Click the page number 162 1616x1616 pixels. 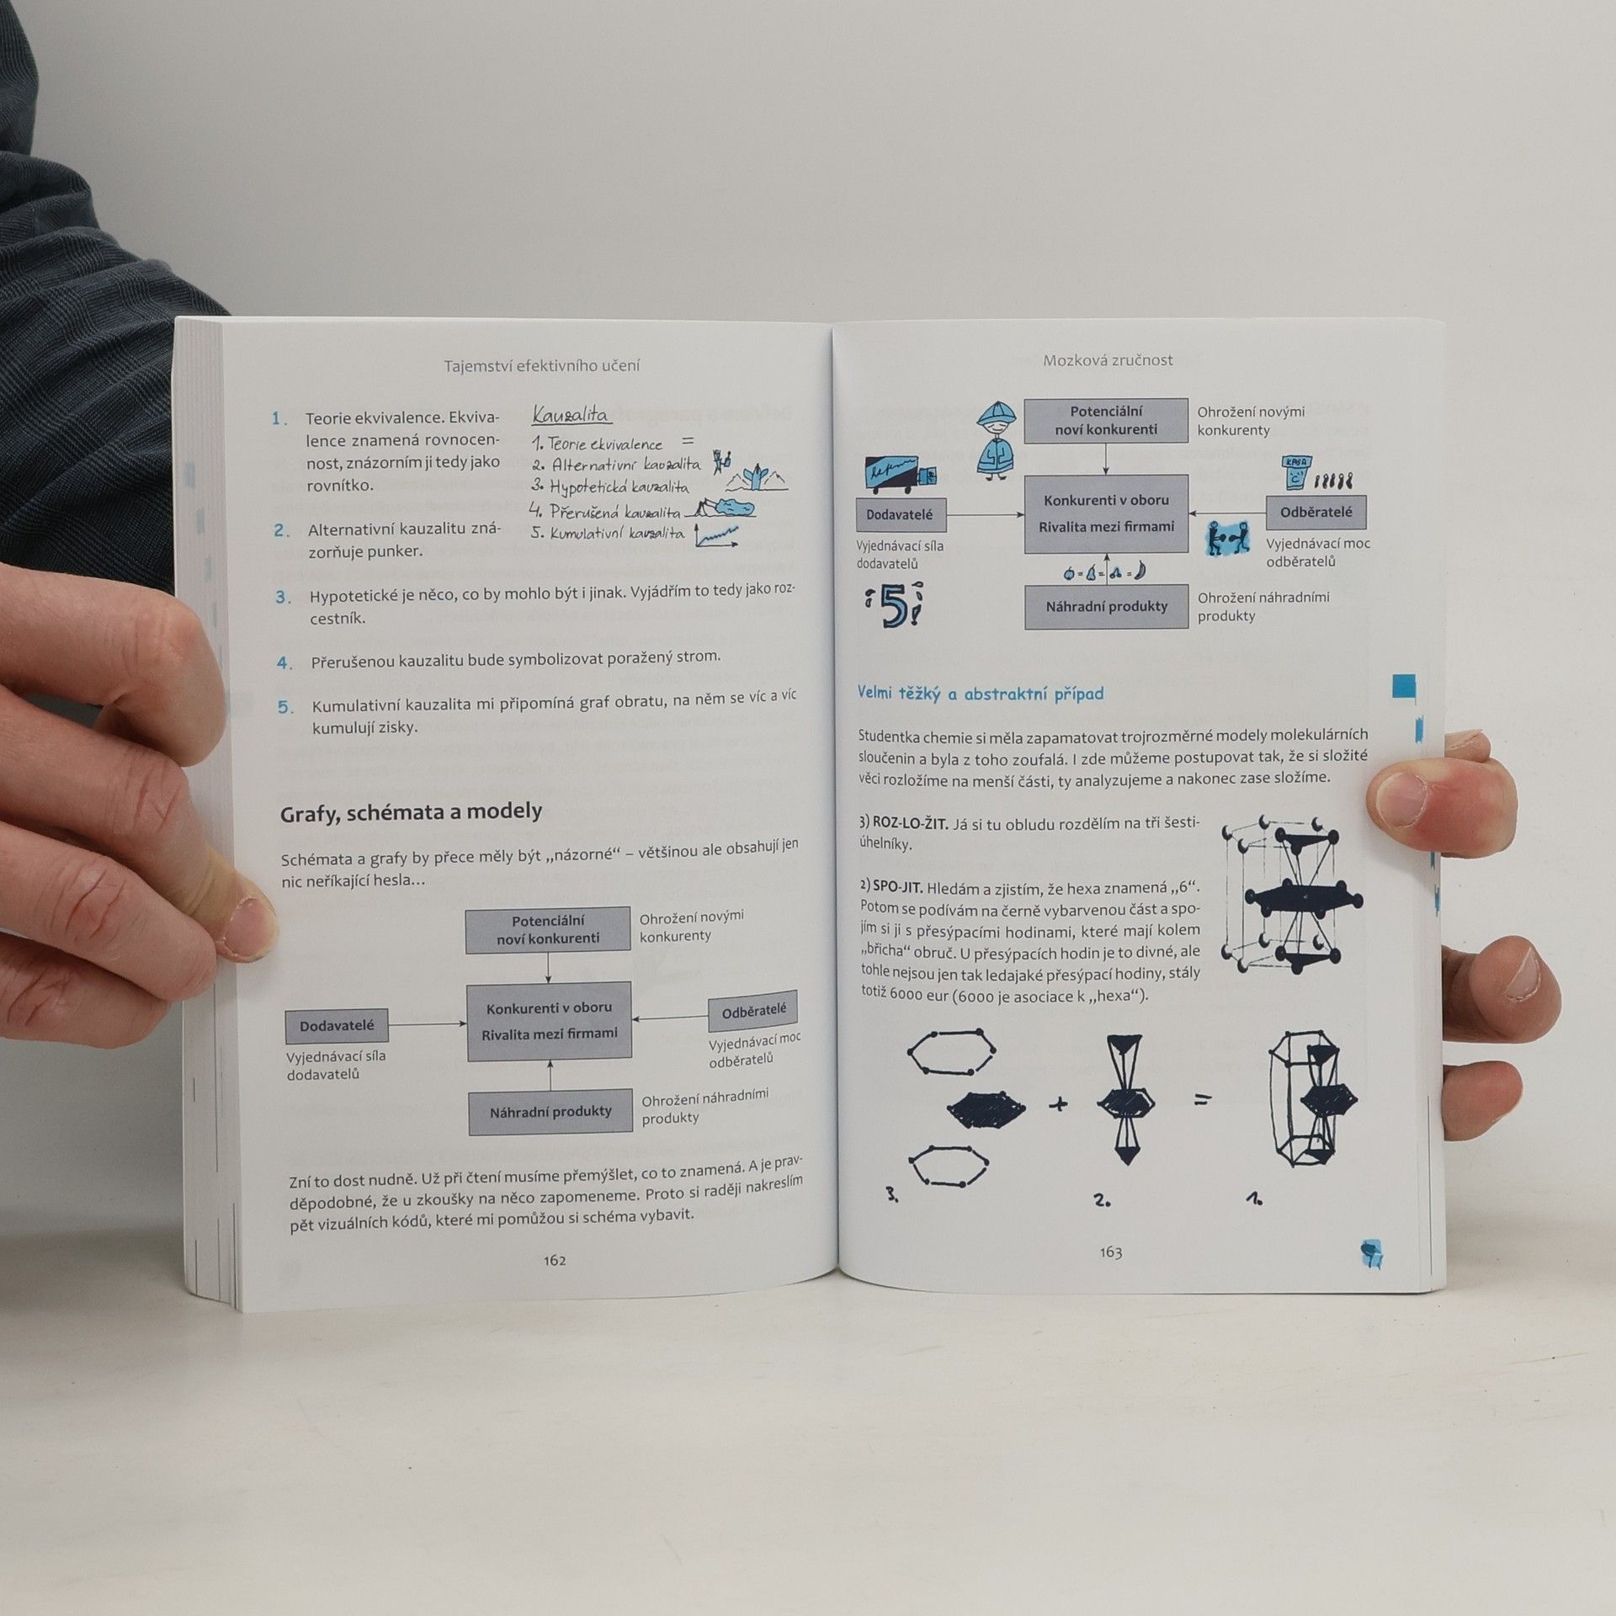tap(555, 1260)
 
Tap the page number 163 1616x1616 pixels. tap(1110, 1252)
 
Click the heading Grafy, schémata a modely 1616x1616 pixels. tap(411, 812)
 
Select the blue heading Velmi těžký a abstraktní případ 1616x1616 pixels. tap(981, 694)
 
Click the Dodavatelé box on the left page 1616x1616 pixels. tap(337, 1027)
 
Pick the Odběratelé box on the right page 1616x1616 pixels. tap(1316, 512)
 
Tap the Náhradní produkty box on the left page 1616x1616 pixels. tap(550, 1112)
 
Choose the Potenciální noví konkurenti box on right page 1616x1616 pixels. tap(1106, 421)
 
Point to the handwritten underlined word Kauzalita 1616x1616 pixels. tap(571, 414)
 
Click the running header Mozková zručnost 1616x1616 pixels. tap(1108, 360)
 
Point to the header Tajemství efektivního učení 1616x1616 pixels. tap(542, 365)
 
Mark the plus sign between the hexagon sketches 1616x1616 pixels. tap(1059, 1103)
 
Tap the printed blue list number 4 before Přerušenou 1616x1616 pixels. tap(284, 663)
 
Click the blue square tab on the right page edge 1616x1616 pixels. tap(1405, 685)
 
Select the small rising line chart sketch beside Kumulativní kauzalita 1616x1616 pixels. tap(716, 536)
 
